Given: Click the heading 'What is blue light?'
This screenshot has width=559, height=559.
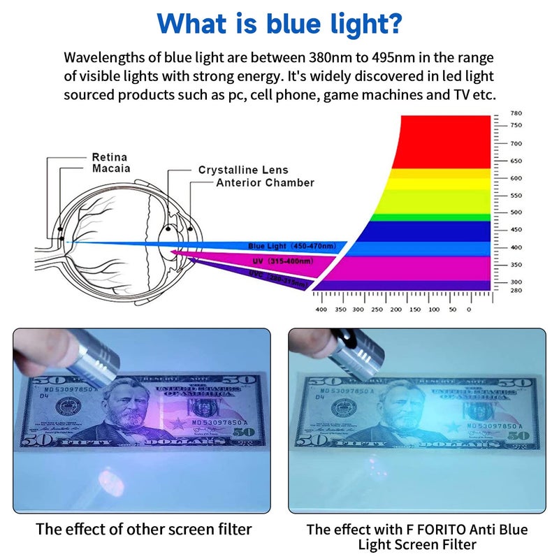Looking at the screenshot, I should (279, 22).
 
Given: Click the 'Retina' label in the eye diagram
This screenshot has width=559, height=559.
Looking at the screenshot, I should (110, 157).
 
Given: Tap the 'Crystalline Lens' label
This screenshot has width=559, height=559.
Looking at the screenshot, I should (243, 170).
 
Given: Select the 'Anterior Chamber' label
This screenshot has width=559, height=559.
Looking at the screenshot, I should (265, 182).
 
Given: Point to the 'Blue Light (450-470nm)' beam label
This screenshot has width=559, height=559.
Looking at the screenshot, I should (291, 246).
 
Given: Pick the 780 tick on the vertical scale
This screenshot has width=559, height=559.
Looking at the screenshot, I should (516, 113).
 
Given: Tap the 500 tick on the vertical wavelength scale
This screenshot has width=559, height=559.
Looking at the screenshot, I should (516, 212).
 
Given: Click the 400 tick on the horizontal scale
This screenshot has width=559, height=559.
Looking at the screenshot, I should (321, 309).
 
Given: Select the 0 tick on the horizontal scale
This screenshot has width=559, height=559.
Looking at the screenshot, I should (469, 309).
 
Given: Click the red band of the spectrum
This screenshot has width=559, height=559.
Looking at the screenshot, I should (447, 140).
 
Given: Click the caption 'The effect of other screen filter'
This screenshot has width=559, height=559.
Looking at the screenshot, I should (144, 529).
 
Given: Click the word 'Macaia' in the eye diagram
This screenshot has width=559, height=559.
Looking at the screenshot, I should (111, 168).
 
